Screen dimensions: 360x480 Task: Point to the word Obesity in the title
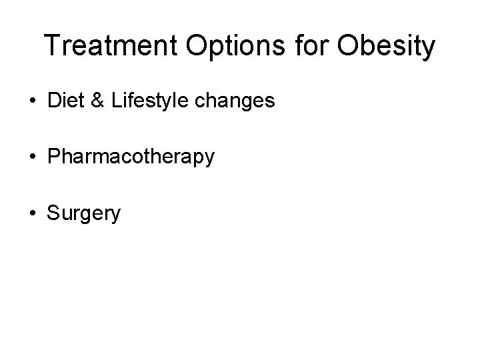[386, 47]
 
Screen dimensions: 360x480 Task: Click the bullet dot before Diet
[32, 102]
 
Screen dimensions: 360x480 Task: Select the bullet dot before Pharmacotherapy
[32, 158]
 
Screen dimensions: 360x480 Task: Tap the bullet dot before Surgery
[32, 214]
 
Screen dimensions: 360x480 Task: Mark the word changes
[237, 102]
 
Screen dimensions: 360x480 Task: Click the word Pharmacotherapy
[131, 158]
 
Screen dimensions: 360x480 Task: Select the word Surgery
[84, 214]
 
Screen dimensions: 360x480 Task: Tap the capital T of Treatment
[52, 47]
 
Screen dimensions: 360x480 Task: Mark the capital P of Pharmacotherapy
[53, 157]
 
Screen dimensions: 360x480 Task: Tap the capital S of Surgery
[53, 213]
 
